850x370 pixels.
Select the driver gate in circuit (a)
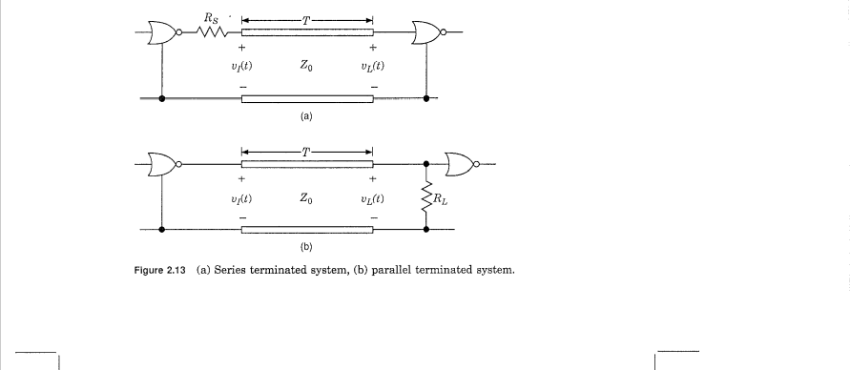pyautogui.click(x=159, y=35)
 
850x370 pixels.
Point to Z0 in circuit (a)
pyautogui.click(x=306, y=65)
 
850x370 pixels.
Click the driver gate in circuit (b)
pyautogui.click(x=159, y=166)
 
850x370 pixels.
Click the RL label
pyautogui.click(x=441, y=199)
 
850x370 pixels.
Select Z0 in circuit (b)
pyautogui.click(x=306, y=197)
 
